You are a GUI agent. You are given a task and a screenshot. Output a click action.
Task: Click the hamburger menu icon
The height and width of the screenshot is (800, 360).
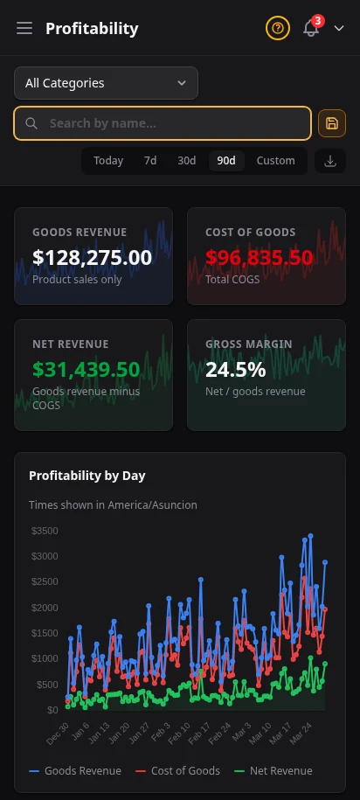(24, 29)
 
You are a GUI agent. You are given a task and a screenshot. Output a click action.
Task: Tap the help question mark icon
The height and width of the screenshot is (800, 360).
(278, 29)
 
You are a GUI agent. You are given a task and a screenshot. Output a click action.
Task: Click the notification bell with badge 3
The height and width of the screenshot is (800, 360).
(311, 29)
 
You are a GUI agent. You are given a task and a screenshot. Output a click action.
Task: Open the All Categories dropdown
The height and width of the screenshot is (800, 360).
(106, 83)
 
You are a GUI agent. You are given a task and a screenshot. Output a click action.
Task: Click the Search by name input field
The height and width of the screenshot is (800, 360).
(163, 123)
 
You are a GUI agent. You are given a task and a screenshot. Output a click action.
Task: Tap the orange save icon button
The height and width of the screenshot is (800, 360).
(332, 123)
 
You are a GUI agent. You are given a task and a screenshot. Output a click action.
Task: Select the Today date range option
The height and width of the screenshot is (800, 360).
(108, 161)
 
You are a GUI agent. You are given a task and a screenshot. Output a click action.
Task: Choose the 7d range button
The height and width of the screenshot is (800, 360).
(150, 161)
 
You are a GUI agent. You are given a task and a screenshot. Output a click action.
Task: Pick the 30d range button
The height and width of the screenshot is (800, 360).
(187, 161)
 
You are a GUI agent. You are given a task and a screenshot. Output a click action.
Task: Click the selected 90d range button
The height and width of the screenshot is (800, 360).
(226, 161)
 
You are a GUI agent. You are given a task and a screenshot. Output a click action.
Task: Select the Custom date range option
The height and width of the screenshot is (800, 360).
(275, 161)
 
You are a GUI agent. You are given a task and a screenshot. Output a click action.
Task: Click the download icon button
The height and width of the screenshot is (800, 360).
(330, 161)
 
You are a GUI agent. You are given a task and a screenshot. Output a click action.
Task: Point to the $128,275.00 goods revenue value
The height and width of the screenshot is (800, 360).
(92, 257)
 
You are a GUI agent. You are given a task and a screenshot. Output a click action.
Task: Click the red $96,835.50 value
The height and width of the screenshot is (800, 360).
(259, 257)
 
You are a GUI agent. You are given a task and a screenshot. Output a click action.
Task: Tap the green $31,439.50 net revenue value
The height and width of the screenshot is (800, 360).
(86, 369)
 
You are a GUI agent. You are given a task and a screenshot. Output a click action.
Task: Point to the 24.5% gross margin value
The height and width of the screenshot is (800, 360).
(235, 369)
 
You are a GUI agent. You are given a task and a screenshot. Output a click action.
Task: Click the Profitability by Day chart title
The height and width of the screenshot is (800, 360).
(87, 476)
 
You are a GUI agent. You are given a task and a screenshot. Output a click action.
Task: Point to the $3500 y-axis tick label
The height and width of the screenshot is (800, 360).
(44, 531)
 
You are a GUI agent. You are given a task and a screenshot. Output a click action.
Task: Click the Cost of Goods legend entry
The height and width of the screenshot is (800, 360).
(177, 770)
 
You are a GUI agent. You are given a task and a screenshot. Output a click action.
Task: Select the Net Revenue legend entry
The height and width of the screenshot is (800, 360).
(273, 770)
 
